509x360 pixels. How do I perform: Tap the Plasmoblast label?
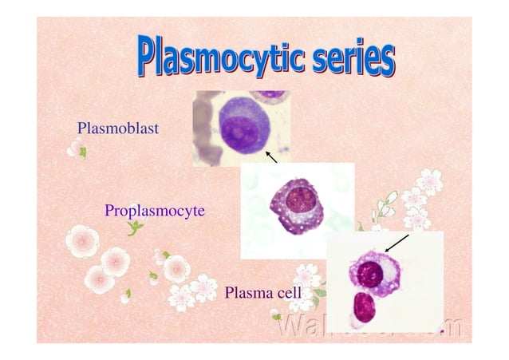(117, 128)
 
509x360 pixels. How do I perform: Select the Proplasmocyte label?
(155, 211)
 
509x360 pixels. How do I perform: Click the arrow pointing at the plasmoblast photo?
(271, 156)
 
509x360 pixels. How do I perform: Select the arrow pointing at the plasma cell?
(396, 243)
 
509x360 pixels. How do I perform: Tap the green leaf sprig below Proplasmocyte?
(136, 230)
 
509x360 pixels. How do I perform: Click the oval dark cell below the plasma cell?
(365, 307)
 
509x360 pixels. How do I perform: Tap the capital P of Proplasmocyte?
(109, 211)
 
